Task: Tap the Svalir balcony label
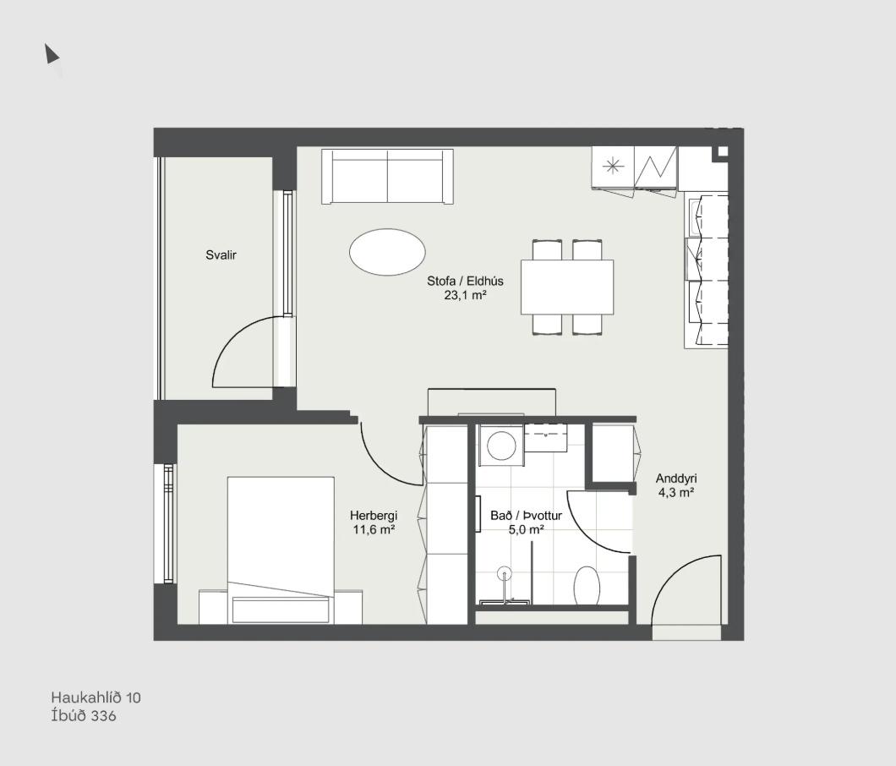click(221, 255)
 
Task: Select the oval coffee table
click(387, 251)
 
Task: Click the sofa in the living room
click(387, 176)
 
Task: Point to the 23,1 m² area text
click(465, 295)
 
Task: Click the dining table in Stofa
click(567, 287)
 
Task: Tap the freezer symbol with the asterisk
click(613, 167)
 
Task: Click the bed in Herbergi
click(281, 550)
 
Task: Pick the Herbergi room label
click(374, 515)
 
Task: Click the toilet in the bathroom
click(587, 585)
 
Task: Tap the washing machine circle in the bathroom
click(501, 446)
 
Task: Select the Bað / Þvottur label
click(527, 515)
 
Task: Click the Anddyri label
click(676, 479)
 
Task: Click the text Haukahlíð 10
click(96, 698)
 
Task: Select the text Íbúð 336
click(84, 716)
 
